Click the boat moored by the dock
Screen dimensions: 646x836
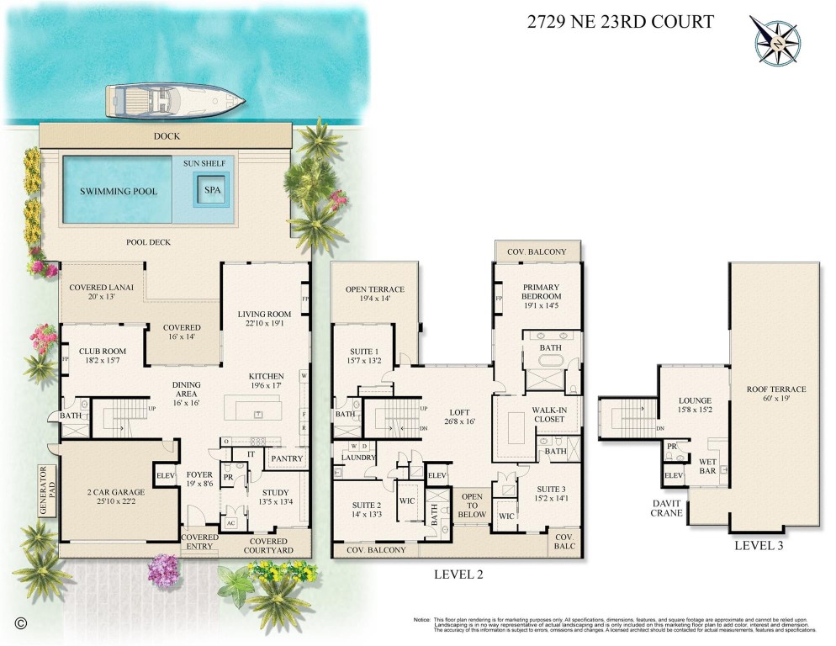point(174,102)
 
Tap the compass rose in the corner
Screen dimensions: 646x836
point(775,41)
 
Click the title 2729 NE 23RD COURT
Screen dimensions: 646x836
point(620,23)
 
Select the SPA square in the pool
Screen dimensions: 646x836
point(213,190)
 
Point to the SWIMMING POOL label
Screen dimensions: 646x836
point(119,191)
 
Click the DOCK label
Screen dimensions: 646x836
point(166,135)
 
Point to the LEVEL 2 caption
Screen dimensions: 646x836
point(458,575)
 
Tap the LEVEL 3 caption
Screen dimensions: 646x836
point(759,545)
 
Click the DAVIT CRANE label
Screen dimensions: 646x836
point(665,508)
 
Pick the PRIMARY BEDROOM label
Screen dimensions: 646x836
point(541,292)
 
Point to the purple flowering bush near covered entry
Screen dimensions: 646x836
point(164,571)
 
